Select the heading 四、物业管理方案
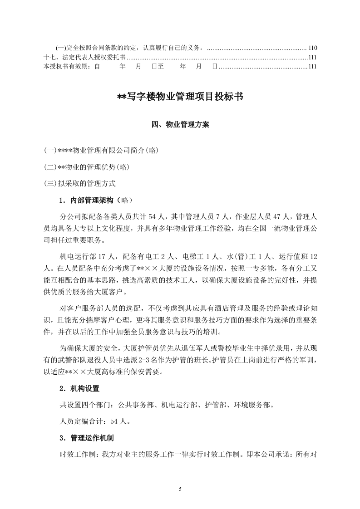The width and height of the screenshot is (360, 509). [180, 124]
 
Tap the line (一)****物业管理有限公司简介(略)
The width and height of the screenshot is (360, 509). [101, 150]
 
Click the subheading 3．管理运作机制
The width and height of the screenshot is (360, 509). [86, 438]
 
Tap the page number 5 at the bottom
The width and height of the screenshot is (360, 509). [180, 489]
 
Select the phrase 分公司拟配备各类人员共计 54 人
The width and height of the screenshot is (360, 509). [108, 215]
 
